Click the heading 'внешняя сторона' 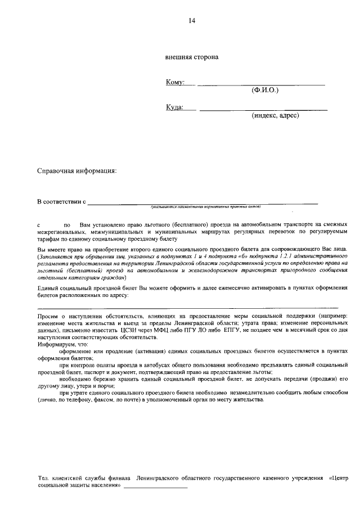tap(191, 57)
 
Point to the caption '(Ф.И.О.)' tap(265, 90)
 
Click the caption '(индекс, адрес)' tap(275, 115)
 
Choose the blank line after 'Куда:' tap(263, 109)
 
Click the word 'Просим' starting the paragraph tap(47, 317)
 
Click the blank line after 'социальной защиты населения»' tap(155, 487)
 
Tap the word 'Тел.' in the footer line tap(43, 479)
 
